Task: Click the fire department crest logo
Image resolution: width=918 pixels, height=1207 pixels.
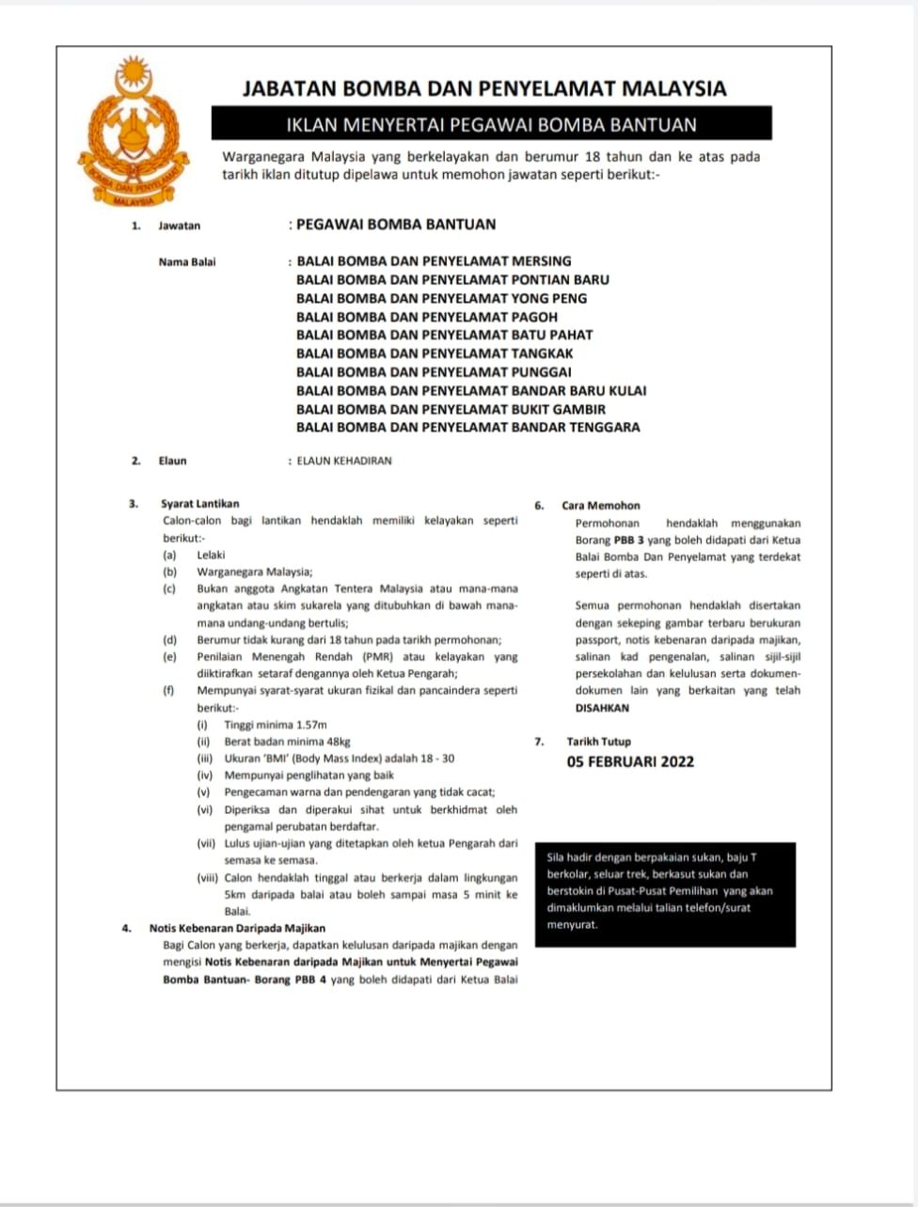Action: click(x=135, y=131)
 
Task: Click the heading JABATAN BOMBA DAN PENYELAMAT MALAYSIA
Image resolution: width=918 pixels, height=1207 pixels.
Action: click(x=484, y=89)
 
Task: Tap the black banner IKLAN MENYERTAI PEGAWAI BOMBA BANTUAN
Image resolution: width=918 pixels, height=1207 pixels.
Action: click(x=491, y=124)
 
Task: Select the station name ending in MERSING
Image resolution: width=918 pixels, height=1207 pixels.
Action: click(x=434, y=261)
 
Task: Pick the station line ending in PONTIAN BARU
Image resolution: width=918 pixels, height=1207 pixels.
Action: click(x=452, y=279)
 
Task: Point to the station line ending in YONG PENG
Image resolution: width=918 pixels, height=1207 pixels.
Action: click(x=441, y=298)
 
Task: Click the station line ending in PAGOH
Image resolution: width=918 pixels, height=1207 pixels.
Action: click(x=427, y=317)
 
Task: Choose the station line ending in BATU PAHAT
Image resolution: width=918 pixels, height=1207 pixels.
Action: click(x=444, y=335)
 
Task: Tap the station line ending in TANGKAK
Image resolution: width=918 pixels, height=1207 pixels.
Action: click(x=435, y=353)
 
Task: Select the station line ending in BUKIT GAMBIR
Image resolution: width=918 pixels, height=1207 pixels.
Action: click(x=451, y=409)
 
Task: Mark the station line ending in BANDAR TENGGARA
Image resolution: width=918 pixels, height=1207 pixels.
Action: click(x=467, y=427)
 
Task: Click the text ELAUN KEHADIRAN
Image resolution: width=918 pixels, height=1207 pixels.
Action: click(x=344, y=462)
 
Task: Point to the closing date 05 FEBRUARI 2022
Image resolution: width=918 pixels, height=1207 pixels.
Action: click(x=630, y=761)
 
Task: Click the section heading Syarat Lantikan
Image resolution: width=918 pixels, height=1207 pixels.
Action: click(x=199, y=505)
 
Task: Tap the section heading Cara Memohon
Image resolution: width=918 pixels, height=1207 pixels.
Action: click(x=600, y=506)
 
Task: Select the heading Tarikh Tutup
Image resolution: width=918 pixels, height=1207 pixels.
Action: click(x=598, y=742)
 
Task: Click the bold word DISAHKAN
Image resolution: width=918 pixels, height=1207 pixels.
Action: click(x=602, y=708)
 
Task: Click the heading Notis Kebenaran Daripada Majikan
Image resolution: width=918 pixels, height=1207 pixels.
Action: click(x=237, y=929)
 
